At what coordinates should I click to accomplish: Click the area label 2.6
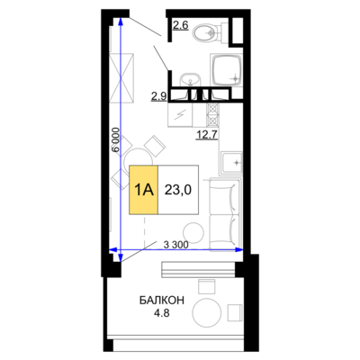[181, 25]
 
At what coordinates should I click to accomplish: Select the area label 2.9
[159, 96]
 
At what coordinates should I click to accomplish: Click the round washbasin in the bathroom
[190, 80]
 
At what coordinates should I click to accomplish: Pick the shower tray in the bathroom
[227, 70]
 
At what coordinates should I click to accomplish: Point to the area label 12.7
[207, 135]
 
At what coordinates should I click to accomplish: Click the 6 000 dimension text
[116, 140]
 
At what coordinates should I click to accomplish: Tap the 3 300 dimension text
[176, 245]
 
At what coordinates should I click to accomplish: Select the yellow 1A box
[143, 190]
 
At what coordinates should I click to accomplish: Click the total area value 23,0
[178, 190]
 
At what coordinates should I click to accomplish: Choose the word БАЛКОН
[162, 301]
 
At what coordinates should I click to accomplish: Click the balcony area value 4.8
[162, 313]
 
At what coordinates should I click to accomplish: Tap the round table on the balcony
[207, 312]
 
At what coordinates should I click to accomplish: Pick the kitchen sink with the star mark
[231, 163]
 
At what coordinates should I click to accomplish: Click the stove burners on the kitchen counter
[212, 115]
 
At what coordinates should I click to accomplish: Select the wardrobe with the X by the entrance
[121, 78]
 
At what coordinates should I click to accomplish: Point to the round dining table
[138, 160]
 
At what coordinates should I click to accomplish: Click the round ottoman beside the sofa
[193, 232]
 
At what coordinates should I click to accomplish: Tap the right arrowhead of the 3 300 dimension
[238, 249]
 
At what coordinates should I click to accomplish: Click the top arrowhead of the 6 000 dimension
[121, 22]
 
